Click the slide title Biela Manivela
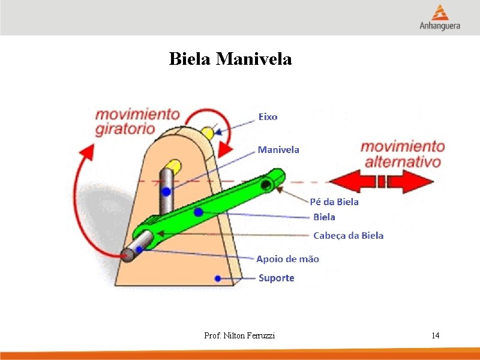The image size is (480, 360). coord(230,59)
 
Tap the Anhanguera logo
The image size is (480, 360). coord(440,18)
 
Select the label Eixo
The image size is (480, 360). coord(268,116)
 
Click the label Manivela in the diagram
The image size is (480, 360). coord(278,149)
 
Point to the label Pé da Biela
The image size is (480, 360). coord(334,202)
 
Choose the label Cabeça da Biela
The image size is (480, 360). coord(348,235)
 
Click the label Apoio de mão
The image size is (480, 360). coord(287,259)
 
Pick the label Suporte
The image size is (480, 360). coord(276,278)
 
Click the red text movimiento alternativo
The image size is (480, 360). coord(403,154)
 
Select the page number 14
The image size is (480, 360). coord(435,335)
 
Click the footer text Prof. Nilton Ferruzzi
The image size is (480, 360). coord(239,335)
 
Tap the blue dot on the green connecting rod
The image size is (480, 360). coord(199,212)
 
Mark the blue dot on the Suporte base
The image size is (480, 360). coord(218,278)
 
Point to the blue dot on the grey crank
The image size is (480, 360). coord(166,192)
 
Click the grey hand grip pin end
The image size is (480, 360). coord(127,254)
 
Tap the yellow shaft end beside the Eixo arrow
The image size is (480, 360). coord(208,133)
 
